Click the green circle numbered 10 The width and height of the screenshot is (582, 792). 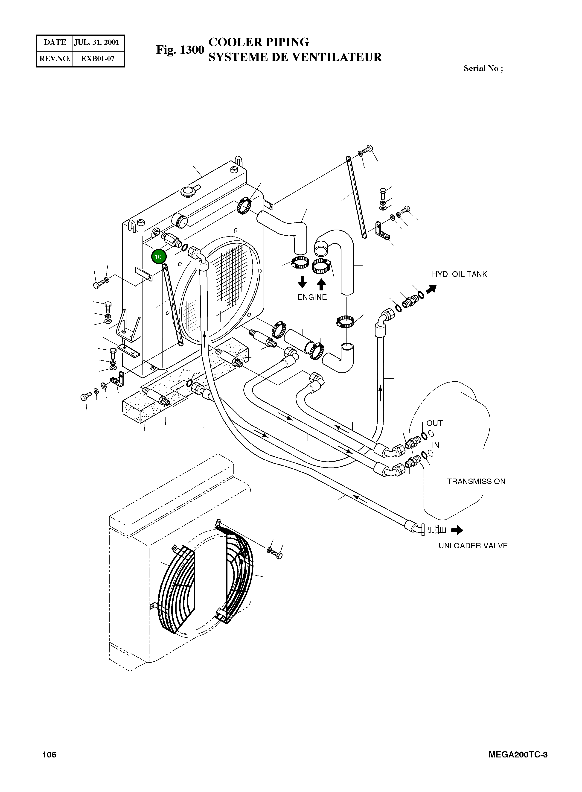pos(158,257)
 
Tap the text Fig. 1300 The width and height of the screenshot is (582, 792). pos(180,50)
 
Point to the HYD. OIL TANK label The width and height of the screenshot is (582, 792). pos(459,274)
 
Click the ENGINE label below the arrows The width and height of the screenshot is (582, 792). pos(312,297)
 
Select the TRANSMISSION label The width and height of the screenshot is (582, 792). pos(476,481)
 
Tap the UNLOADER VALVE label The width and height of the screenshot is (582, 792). pos(473,546)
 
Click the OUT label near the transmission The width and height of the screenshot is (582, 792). pos(434,423)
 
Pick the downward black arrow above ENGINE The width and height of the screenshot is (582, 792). pos(302,282)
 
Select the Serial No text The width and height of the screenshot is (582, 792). pos(483,68)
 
